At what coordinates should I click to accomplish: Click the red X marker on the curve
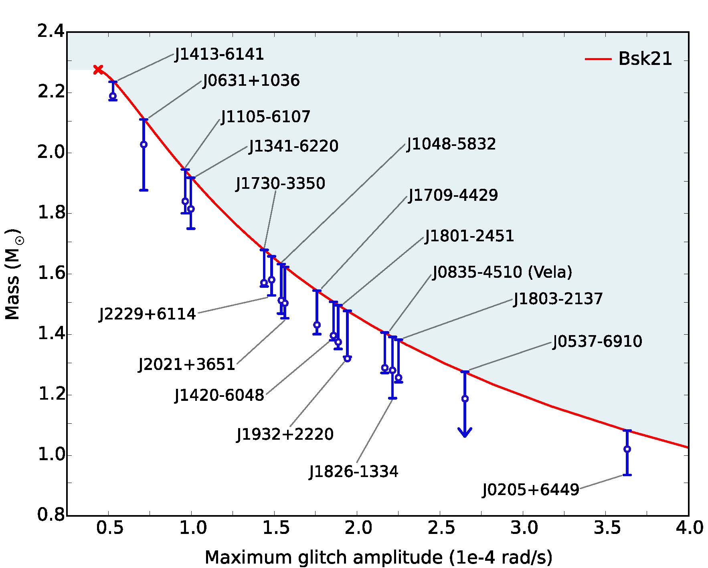point(98,69)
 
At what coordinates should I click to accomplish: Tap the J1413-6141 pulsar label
point(219,55)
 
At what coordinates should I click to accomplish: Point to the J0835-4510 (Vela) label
point(502,272)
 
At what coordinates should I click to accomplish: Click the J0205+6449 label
point(531,490)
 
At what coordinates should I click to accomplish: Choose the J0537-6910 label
point(597,342)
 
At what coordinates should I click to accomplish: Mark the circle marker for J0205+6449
point(627,449)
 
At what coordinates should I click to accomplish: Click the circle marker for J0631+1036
point(144,144)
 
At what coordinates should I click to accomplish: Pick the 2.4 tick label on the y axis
point(51,32)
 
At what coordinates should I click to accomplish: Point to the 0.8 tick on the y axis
point(51,515)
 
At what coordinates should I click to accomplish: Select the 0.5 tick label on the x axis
point(109,528)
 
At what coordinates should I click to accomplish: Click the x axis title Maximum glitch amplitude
point(378,557)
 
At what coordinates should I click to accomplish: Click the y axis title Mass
point(13,274)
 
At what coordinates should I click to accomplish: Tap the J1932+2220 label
point(285,435)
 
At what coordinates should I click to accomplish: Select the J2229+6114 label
point(148,314)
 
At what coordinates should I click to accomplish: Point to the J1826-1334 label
point(354,471)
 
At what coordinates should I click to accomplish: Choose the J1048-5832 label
point(451,144)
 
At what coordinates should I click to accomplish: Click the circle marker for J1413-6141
point(113,96)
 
